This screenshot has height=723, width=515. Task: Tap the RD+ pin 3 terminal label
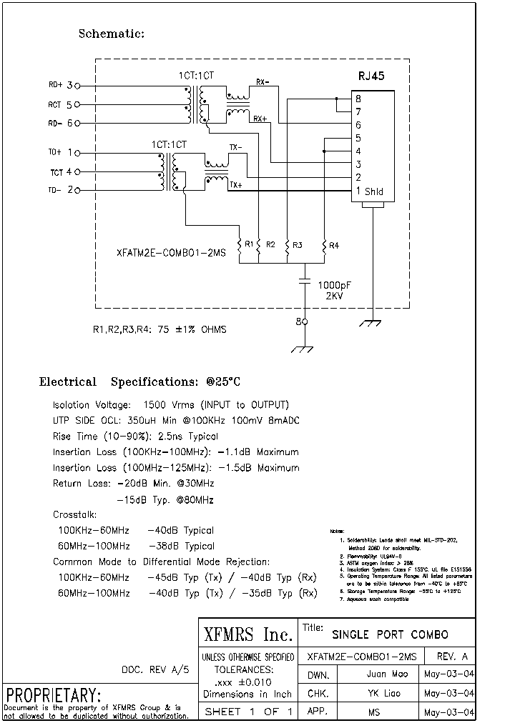pyautogui.click(x=61, y=85)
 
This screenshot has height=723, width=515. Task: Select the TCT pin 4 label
pyautogui.click(x=61, y=172)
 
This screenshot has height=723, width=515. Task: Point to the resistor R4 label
pyautogui.click(x=334, y=246)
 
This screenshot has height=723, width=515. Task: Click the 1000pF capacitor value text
pyautogui.click(x=335, y=284)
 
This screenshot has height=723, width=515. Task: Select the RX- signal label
pyautogui.click(x=261, y=82)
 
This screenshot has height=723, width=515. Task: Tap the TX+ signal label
pyautogui.click(x=235, y=184)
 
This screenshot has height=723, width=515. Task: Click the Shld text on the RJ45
pyautogui.click(x=374, y=191)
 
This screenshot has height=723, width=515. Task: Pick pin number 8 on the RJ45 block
pyautogui.click(x=358, y=99)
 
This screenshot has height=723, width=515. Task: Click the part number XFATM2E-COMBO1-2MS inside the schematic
pyautogui.click(x=171, y=252)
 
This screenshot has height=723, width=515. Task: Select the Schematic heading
pyautogui.click(x=111, y=34)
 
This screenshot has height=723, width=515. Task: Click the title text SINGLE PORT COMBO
pyautogui.click(x=390, y=634)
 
